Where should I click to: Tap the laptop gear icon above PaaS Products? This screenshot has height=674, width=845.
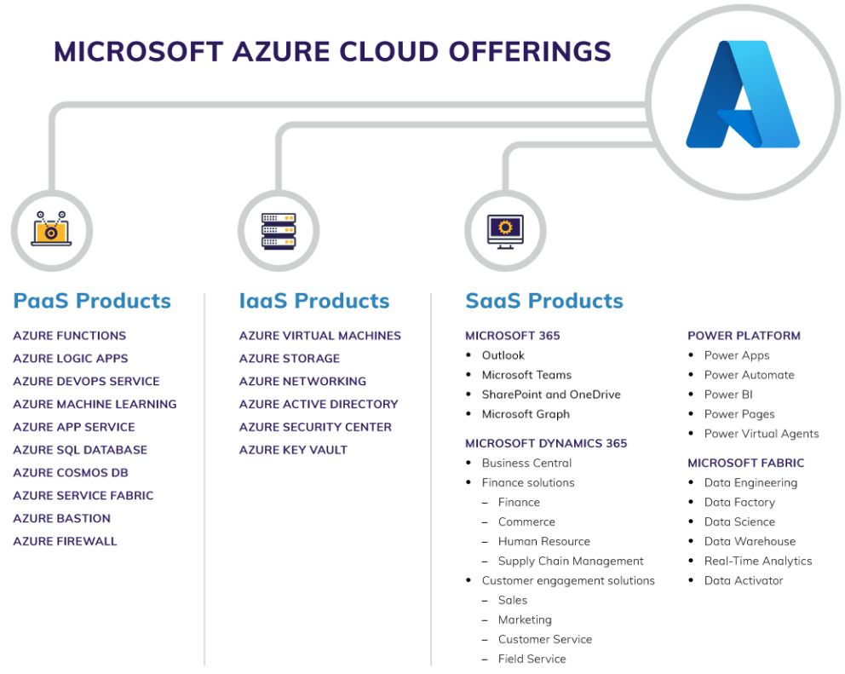[x=52, y=229]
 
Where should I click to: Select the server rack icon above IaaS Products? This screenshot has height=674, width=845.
[x=279, y=229]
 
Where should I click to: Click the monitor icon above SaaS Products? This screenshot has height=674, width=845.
[x=504, y=229]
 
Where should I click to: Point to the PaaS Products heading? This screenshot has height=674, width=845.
[x=92, y=301]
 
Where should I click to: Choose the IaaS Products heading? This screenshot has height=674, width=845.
[x=314, y=301]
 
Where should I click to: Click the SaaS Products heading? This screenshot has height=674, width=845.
[x=544, y=301]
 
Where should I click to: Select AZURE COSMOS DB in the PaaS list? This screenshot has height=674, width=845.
[x=71, y=473]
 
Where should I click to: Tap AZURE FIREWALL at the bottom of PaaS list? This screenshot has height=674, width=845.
[x=65, y=541]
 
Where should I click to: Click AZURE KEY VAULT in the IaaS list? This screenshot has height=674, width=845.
[x=293, y=450]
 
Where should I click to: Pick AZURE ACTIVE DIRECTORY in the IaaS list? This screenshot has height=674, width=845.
[x=319, y=404]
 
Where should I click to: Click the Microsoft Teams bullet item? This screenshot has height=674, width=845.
[x=526, y=375]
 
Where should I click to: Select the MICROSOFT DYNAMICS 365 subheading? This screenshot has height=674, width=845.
[x=546, y=443]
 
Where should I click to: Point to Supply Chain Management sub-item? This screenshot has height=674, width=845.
[x=571, y=561]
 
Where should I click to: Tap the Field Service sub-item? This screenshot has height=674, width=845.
[x=532, y=659]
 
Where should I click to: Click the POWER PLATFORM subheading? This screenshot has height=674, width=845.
[x=744, y=336]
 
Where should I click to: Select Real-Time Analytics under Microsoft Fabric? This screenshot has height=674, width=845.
[x=758, y=561]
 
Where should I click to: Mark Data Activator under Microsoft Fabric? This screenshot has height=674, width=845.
[x=744, y=580]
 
